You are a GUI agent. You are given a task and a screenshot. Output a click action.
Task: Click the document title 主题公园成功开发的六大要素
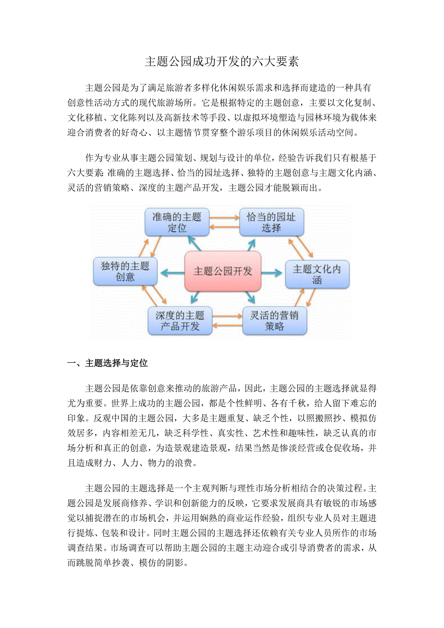click(222, 62)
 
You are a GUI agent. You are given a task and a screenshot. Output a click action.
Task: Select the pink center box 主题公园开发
click(222, 271)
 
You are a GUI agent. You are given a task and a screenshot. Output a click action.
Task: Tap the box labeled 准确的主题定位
click(177, 222)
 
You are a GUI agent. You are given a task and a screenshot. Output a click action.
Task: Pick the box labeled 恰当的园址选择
click(271, 222)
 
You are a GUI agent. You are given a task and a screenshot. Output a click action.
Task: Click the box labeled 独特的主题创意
click(125, 271)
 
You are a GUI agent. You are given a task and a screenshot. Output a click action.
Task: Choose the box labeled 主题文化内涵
click(317, 274)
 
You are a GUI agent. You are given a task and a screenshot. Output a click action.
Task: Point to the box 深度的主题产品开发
click(180, 321)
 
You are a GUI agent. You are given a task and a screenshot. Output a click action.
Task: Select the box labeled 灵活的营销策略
click(274, 321)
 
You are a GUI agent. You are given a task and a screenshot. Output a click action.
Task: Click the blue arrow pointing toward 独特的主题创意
click(172, 272)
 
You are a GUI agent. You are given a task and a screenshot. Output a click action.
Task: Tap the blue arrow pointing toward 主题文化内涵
click(272, 273)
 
